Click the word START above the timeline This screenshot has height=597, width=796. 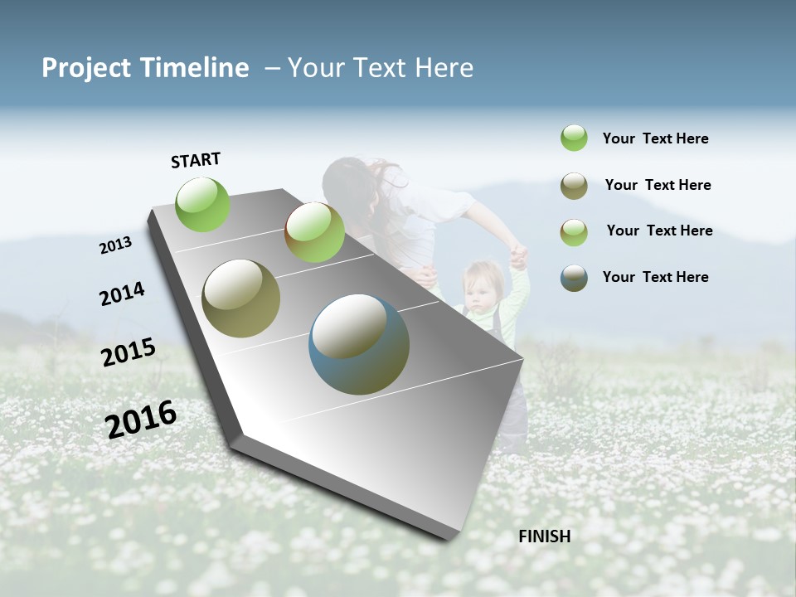(196, 160)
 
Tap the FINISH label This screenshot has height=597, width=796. (544, 536)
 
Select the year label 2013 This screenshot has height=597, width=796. (115, 245)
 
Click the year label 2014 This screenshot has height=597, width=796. (122, 294)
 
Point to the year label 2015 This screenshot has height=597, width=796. (129, 352)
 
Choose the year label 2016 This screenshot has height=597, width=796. (141, 420)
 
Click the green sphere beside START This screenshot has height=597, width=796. (202, 204)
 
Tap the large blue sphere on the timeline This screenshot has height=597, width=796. (359, 344)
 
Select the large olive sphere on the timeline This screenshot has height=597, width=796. (241, 298)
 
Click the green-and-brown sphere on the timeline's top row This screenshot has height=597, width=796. (314, 232)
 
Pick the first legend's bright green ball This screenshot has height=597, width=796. (574, 138)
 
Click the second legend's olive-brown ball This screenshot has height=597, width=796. (574, 186)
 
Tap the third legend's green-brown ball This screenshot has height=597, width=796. (574, 231)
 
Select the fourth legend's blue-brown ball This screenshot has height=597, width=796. (574, 278)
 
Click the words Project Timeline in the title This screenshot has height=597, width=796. (145, 68)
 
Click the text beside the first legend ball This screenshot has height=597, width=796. (655, 138)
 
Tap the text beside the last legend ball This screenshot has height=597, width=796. (655, 277)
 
